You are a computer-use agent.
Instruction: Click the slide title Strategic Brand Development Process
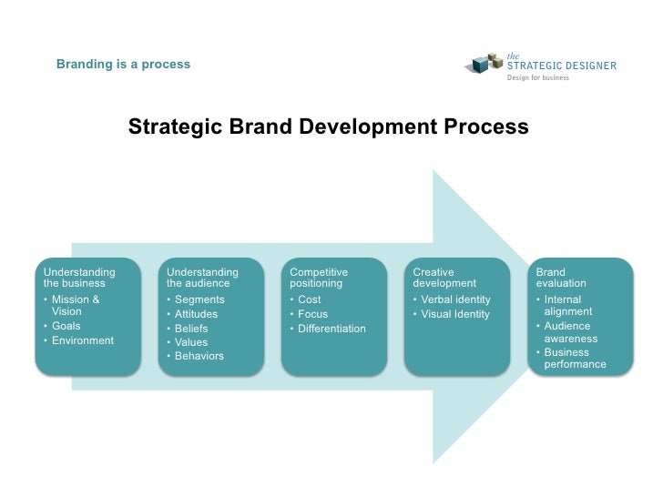pos(328,127)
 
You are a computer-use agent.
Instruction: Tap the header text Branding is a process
pos(123,65)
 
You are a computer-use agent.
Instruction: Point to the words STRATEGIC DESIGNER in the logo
pos(561,66)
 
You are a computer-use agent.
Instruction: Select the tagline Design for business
pos(537,78)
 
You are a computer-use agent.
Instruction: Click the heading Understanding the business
pos(79,278)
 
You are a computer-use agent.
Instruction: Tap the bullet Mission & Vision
pos(76,305)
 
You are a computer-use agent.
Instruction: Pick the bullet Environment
pos(83,340)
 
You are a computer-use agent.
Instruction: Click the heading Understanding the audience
pos(202,278)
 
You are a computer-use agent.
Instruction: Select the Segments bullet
pos(199,299)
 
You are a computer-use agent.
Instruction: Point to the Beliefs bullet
pos(190,329)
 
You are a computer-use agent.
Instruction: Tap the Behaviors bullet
pos(199,356)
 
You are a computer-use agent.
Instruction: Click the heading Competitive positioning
pos(318,278)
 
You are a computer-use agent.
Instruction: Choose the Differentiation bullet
pos(331,329)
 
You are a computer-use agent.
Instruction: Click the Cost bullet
pos(309,299)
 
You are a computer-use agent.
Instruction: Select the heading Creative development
pos(444,278)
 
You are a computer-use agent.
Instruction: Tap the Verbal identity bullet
pos(455,299)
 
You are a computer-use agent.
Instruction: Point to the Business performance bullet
pos(574,359)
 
